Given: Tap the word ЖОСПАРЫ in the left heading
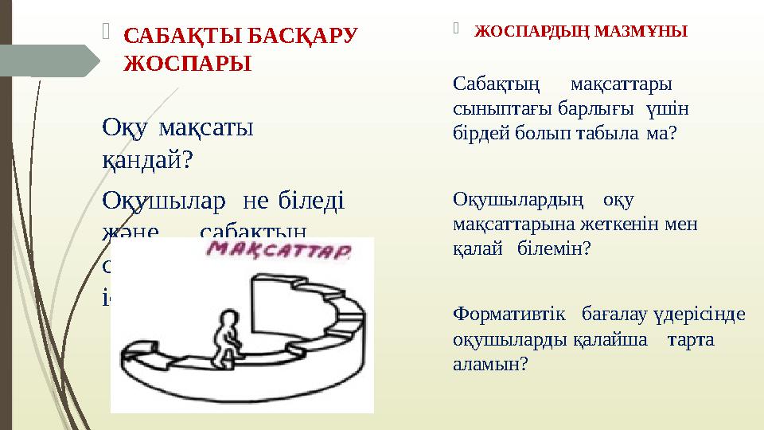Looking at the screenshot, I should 188,64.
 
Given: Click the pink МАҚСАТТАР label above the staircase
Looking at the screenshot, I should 279,252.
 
